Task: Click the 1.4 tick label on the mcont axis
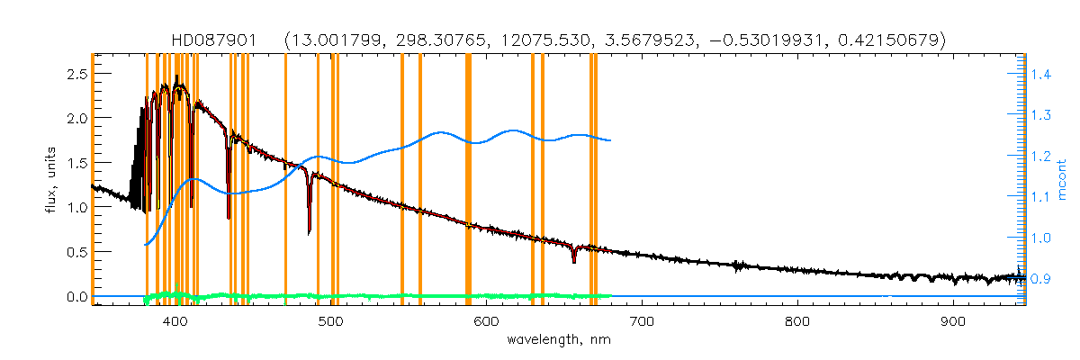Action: coord(1040,75)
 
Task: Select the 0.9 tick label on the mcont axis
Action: coord(1040,279)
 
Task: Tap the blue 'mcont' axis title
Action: coord(1062,177)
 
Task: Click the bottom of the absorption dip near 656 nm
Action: coord(574,262)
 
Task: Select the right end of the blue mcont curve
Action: coord(611,140)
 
